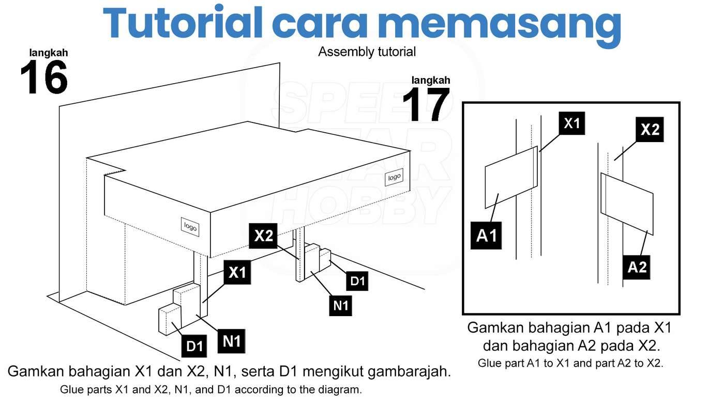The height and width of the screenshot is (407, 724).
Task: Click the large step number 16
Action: tap(44, 77)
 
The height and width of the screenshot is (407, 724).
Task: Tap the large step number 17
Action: tap(426, 105)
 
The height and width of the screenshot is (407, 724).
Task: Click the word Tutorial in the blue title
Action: tap(182, 23)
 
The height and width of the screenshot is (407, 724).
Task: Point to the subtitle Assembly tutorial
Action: tap(367, 52)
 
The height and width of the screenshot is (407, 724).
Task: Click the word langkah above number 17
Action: tap(430, 80)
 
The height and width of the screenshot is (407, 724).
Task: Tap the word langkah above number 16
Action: tap(49, 53)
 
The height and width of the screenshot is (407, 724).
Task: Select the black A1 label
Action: tap(486, 236)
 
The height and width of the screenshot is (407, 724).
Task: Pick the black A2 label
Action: tap(637, 267)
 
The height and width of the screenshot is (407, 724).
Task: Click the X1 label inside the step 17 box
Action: tap(572, 123)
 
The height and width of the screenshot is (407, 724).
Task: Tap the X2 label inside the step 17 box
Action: tap(650, 130)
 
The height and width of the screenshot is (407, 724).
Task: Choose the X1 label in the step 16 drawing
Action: tap(237, 272)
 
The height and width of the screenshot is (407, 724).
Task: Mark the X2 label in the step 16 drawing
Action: tap(263, 236)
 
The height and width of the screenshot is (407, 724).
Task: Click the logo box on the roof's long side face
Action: tap(394, 177)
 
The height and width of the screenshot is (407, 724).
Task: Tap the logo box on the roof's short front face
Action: tap(190, 227)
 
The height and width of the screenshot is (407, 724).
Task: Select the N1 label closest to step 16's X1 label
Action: tap(232, 341)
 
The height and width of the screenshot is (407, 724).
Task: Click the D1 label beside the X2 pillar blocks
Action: tap(357, 281)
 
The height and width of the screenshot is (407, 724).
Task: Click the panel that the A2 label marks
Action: tap(627, 204)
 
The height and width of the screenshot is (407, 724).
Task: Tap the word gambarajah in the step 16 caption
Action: tap(409, 372)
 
